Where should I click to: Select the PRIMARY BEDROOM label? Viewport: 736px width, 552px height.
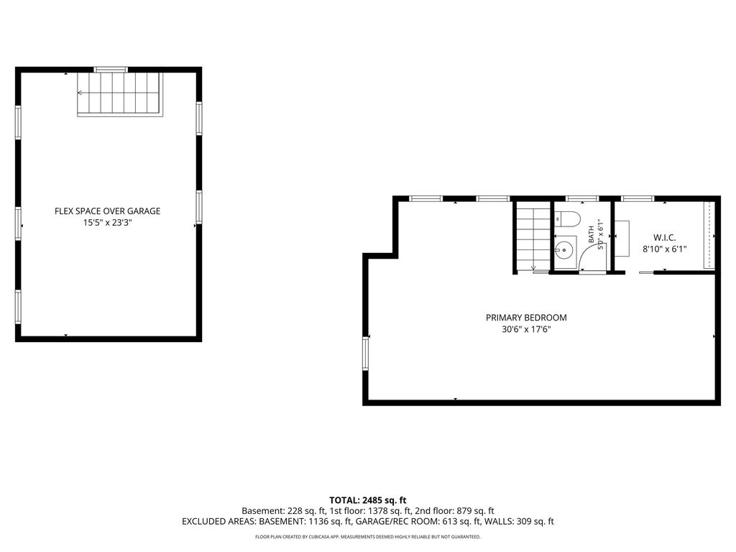(526, 318)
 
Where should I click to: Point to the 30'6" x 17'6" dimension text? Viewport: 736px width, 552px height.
(526, 329)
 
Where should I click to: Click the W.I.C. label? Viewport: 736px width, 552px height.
(665, 238)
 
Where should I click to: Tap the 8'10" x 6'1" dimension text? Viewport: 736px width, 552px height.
(665, 249)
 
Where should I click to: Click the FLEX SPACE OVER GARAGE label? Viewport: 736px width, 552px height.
(108, 211)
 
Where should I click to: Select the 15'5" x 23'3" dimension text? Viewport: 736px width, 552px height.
(108, 223)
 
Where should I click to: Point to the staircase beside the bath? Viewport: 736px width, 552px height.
(533, 239)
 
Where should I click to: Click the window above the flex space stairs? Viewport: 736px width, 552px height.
(111, 70)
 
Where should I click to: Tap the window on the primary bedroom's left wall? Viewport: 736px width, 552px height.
(365, 354)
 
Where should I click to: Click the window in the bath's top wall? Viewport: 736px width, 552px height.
(582, 198)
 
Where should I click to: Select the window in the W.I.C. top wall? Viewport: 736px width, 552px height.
(638, 198)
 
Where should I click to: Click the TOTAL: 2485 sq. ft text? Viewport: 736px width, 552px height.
(367, 500)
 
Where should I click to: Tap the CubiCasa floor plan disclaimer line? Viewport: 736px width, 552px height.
(367, 536)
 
